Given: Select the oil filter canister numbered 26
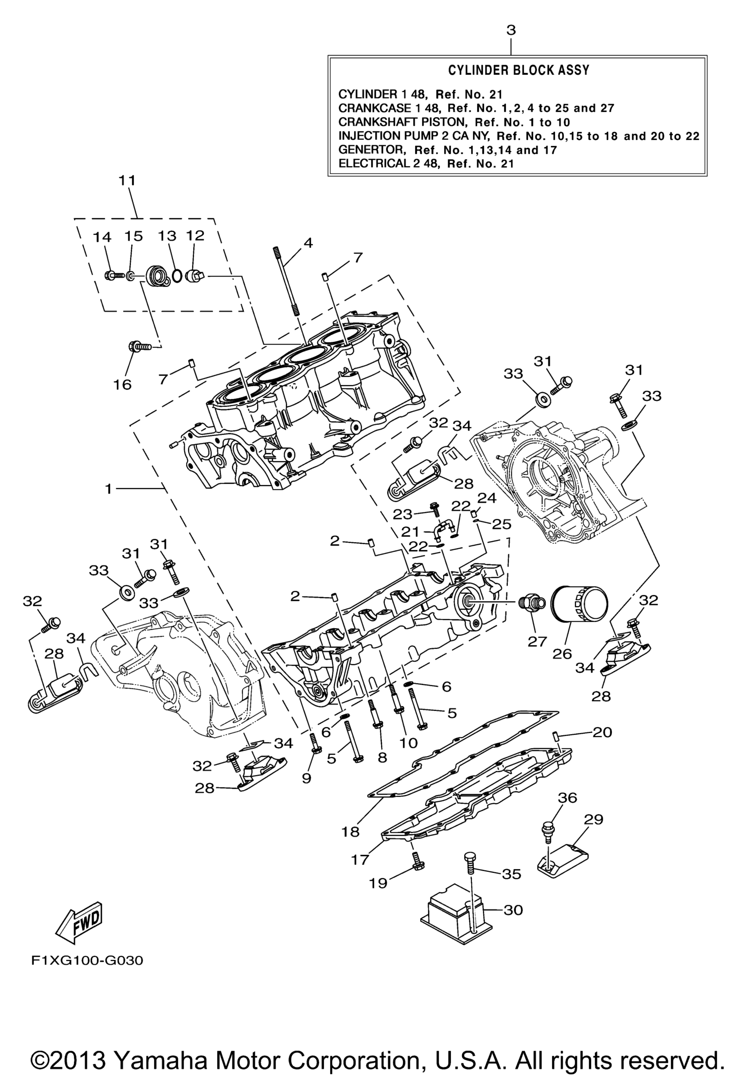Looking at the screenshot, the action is coord(579,604).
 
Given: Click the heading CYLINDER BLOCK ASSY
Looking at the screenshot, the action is coord(518,70).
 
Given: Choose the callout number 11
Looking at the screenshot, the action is coord(127,180).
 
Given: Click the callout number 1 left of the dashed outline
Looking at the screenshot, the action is coord(108,489).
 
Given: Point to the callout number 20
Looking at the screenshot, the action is coord(602,732).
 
